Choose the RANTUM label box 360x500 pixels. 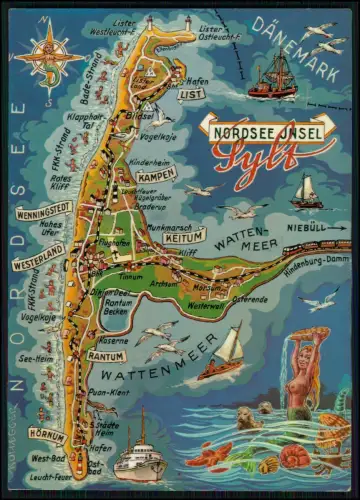pos(106,356)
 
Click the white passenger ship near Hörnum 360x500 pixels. pos(140,459)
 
